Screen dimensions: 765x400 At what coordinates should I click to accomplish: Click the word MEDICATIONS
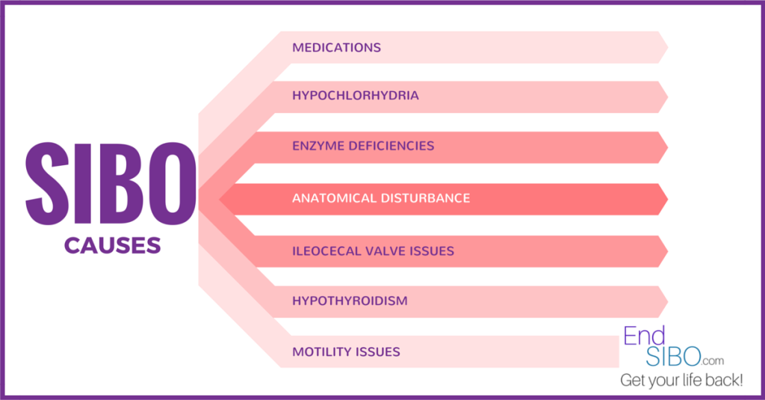337,47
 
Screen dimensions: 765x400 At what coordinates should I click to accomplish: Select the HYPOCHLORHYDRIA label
356,95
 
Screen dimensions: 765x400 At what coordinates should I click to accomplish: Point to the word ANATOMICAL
334,198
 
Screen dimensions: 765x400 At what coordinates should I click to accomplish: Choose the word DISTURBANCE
425,198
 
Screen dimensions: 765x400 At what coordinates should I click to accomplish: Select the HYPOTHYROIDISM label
350,301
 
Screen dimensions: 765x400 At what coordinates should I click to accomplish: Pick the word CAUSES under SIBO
112,245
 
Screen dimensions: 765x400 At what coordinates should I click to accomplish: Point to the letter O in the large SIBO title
173,184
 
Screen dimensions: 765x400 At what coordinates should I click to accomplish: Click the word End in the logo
645,336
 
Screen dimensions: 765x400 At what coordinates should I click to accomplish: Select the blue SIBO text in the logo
673,357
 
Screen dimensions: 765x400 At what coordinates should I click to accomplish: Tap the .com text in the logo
713,361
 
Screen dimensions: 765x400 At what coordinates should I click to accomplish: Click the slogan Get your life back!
681,380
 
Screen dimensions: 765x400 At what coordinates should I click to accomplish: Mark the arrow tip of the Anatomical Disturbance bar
667,200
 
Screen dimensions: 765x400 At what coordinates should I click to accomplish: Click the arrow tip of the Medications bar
667,47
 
